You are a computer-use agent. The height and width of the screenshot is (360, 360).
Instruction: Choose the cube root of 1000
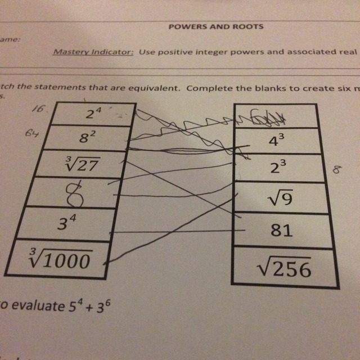tap(61, 259)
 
